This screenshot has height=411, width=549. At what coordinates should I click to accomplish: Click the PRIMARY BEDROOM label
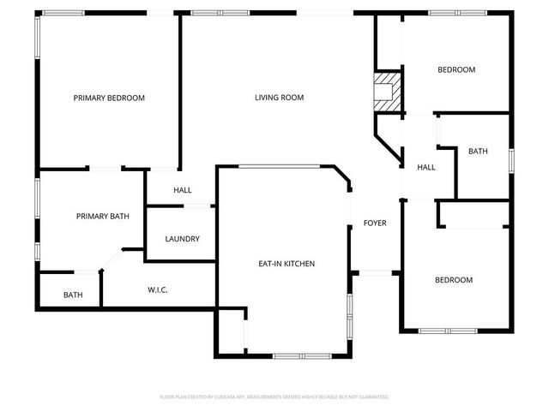point(109,98)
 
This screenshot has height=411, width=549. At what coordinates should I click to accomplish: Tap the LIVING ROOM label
point(279,98)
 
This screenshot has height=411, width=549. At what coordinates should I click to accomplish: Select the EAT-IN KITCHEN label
point(287,264)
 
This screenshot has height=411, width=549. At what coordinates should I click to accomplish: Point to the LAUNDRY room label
point(183,239)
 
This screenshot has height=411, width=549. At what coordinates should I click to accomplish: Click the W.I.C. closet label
point(157,290)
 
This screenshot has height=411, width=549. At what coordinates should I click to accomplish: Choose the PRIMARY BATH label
point(102,217)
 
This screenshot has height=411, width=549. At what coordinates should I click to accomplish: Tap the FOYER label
point(375,223)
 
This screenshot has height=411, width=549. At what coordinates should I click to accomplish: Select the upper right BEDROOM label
point(456,70)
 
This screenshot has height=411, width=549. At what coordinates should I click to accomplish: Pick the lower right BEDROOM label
point(453,280)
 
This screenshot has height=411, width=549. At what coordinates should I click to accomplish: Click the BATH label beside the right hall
point(478,152)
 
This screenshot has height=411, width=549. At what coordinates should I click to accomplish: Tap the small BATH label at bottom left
point(73,295)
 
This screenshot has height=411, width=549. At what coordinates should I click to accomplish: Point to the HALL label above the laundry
point(183,190)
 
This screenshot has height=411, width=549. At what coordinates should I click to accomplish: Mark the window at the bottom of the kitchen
point(299,355)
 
